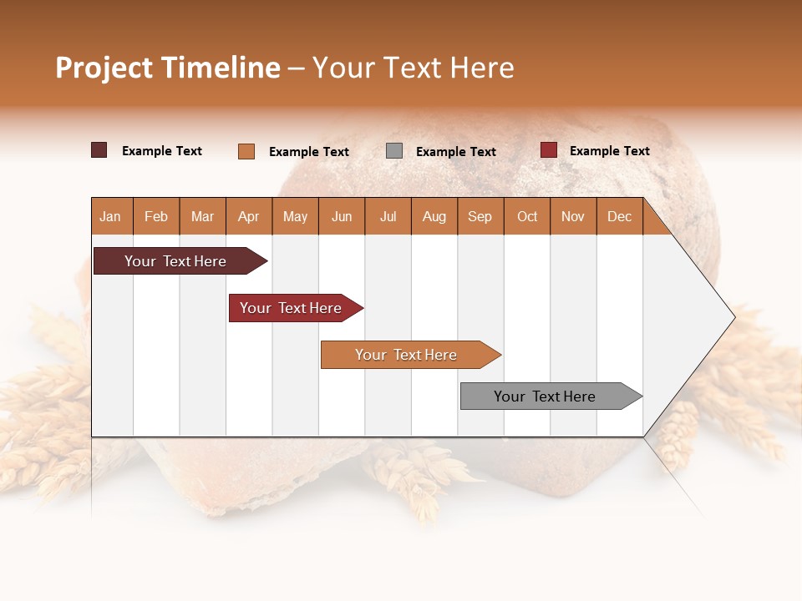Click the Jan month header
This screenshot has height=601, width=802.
pyautogui.click(x=110, y=216)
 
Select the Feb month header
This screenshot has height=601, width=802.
pyautogui.click(x=156, y=216)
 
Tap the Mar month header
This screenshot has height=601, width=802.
pyautogui.click(x=202, y=216)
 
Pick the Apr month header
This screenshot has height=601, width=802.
pyautogui.click(x=248, y=216)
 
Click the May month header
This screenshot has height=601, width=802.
pyautogui.click(x=295, y=216)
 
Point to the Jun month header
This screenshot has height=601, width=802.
pyautogui.click(x=342, y=216)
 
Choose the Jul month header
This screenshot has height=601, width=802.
pyautogui.click(x=388, y=216)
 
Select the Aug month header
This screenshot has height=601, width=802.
pyautogui.click(x=434, y=216)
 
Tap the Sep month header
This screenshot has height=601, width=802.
pyautogui.click(x=480, y=216)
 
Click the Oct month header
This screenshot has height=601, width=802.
pyautogui.click(x=527, y=216)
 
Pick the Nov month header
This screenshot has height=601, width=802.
pyautogui.click(x=573, y=216)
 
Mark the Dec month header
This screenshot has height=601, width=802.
pyautogui.click(x=619, y=216)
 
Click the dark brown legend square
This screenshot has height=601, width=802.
pyautogui.click(x=99, y=150)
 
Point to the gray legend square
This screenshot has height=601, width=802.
pyautogui.click(x=394, y=151)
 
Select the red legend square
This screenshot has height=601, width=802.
pyautogui.click(x=549, y=150)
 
